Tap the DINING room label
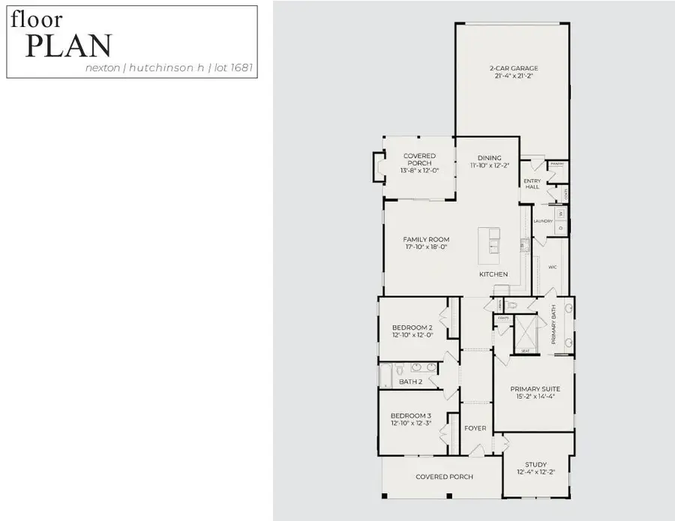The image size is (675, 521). pos(485,157)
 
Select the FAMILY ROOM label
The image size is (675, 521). pos(426,240)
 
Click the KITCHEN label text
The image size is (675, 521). pos(493,274)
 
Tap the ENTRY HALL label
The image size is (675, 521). pos(532,184)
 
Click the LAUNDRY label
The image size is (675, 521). pos(542,221)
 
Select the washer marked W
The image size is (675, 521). pos(559,214)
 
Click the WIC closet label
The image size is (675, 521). pos(552,267)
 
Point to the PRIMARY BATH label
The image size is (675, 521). pos(553,325)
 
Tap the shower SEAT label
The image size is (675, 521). pos(525,351)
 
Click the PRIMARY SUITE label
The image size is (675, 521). pos(535,389)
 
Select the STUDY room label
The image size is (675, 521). pos(535,464)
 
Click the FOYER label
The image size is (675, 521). pos(475,429)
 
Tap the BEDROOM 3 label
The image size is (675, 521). pos(411,416)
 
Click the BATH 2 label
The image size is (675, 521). pos(411,382)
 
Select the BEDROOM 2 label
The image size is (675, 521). pos(412,328)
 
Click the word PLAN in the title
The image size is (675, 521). pos(68,46)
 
